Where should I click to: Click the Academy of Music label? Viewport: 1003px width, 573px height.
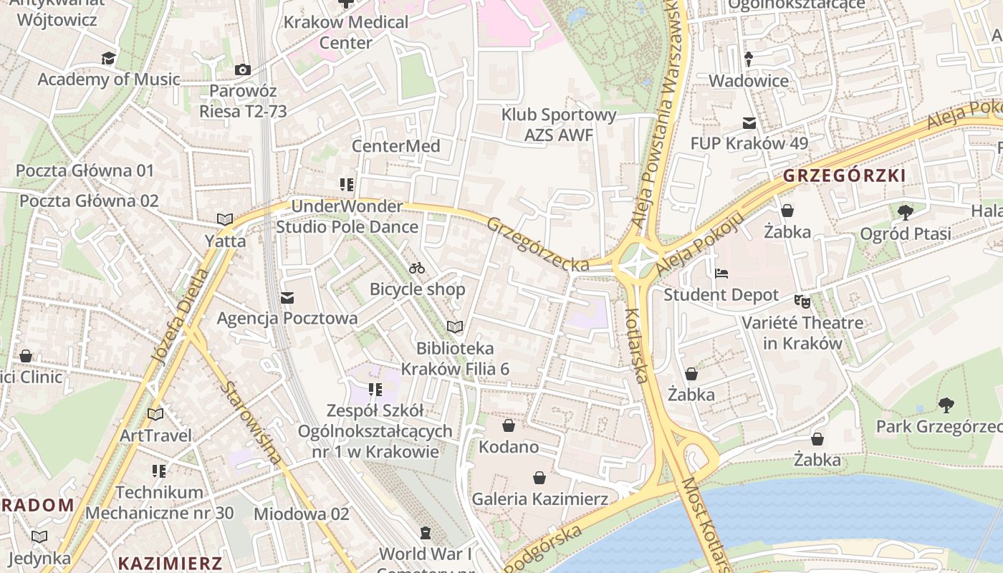109,79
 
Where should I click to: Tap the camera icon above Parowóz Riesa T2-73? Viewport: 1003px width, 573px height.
243,69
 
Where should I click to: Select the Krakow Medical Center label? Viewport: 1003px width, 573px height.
346,32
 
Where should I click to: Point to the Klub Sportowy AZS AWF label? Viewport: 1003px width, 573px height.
559,125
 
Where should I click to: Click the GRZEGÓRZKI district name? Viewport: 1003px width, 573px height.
844,175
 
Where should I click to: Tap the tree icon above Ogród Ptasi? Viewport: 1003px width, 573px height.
905,212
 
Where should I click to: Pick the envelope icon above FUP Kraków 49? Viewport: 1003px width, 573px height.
749,123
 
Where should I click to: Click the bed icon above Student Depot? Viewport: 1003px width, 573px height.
721,274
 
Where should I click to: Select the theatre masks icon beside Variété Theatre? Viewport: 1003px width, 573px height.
802,302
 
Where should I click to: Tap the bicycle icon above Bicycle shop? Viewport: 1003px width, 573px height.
417,269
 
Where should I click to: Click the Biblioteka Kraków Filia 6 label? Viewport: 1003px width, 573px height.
455,359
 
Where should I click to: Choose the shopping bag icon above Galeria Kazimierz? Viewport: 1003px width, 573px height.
539,478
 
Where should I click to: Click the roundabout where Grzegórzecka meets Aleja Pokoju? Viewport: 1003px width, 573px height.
636,263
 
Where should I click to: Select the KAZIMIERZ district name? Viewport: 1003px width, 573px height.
170,562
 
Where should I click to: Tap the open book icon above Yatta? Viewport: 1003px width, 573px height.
225,219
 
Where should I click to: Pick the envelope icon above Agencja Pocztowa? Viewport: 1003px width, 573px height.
287,297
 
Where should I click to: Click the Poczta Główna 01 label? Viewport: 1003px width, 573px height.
85,170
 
